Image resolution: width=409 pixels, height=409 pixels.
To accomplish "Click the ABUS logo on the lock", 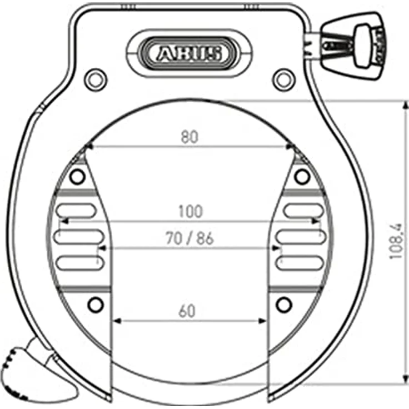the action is click(189, 53).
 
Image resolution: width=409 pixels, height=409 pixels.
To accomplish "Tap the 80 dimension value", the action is click(189, 137).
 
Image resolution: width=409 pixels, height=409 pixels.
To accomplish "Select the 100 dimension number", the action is click(191, 211).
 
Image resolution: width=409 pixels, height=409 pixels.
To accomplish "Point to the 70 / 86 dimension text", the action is click(189, 238).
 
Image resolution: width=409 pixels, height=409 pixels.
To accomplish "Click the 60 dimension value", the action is click(187, 311).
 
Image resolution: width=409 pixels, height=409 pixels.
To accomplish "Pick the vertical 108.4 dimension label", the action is click(396, 241).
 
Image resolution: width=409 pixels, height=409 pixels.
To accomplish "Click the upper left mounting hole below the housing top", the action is click(96, 80).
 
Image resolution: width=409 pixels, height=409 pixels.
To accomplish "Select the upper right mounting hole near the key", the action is click(284, 80).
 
